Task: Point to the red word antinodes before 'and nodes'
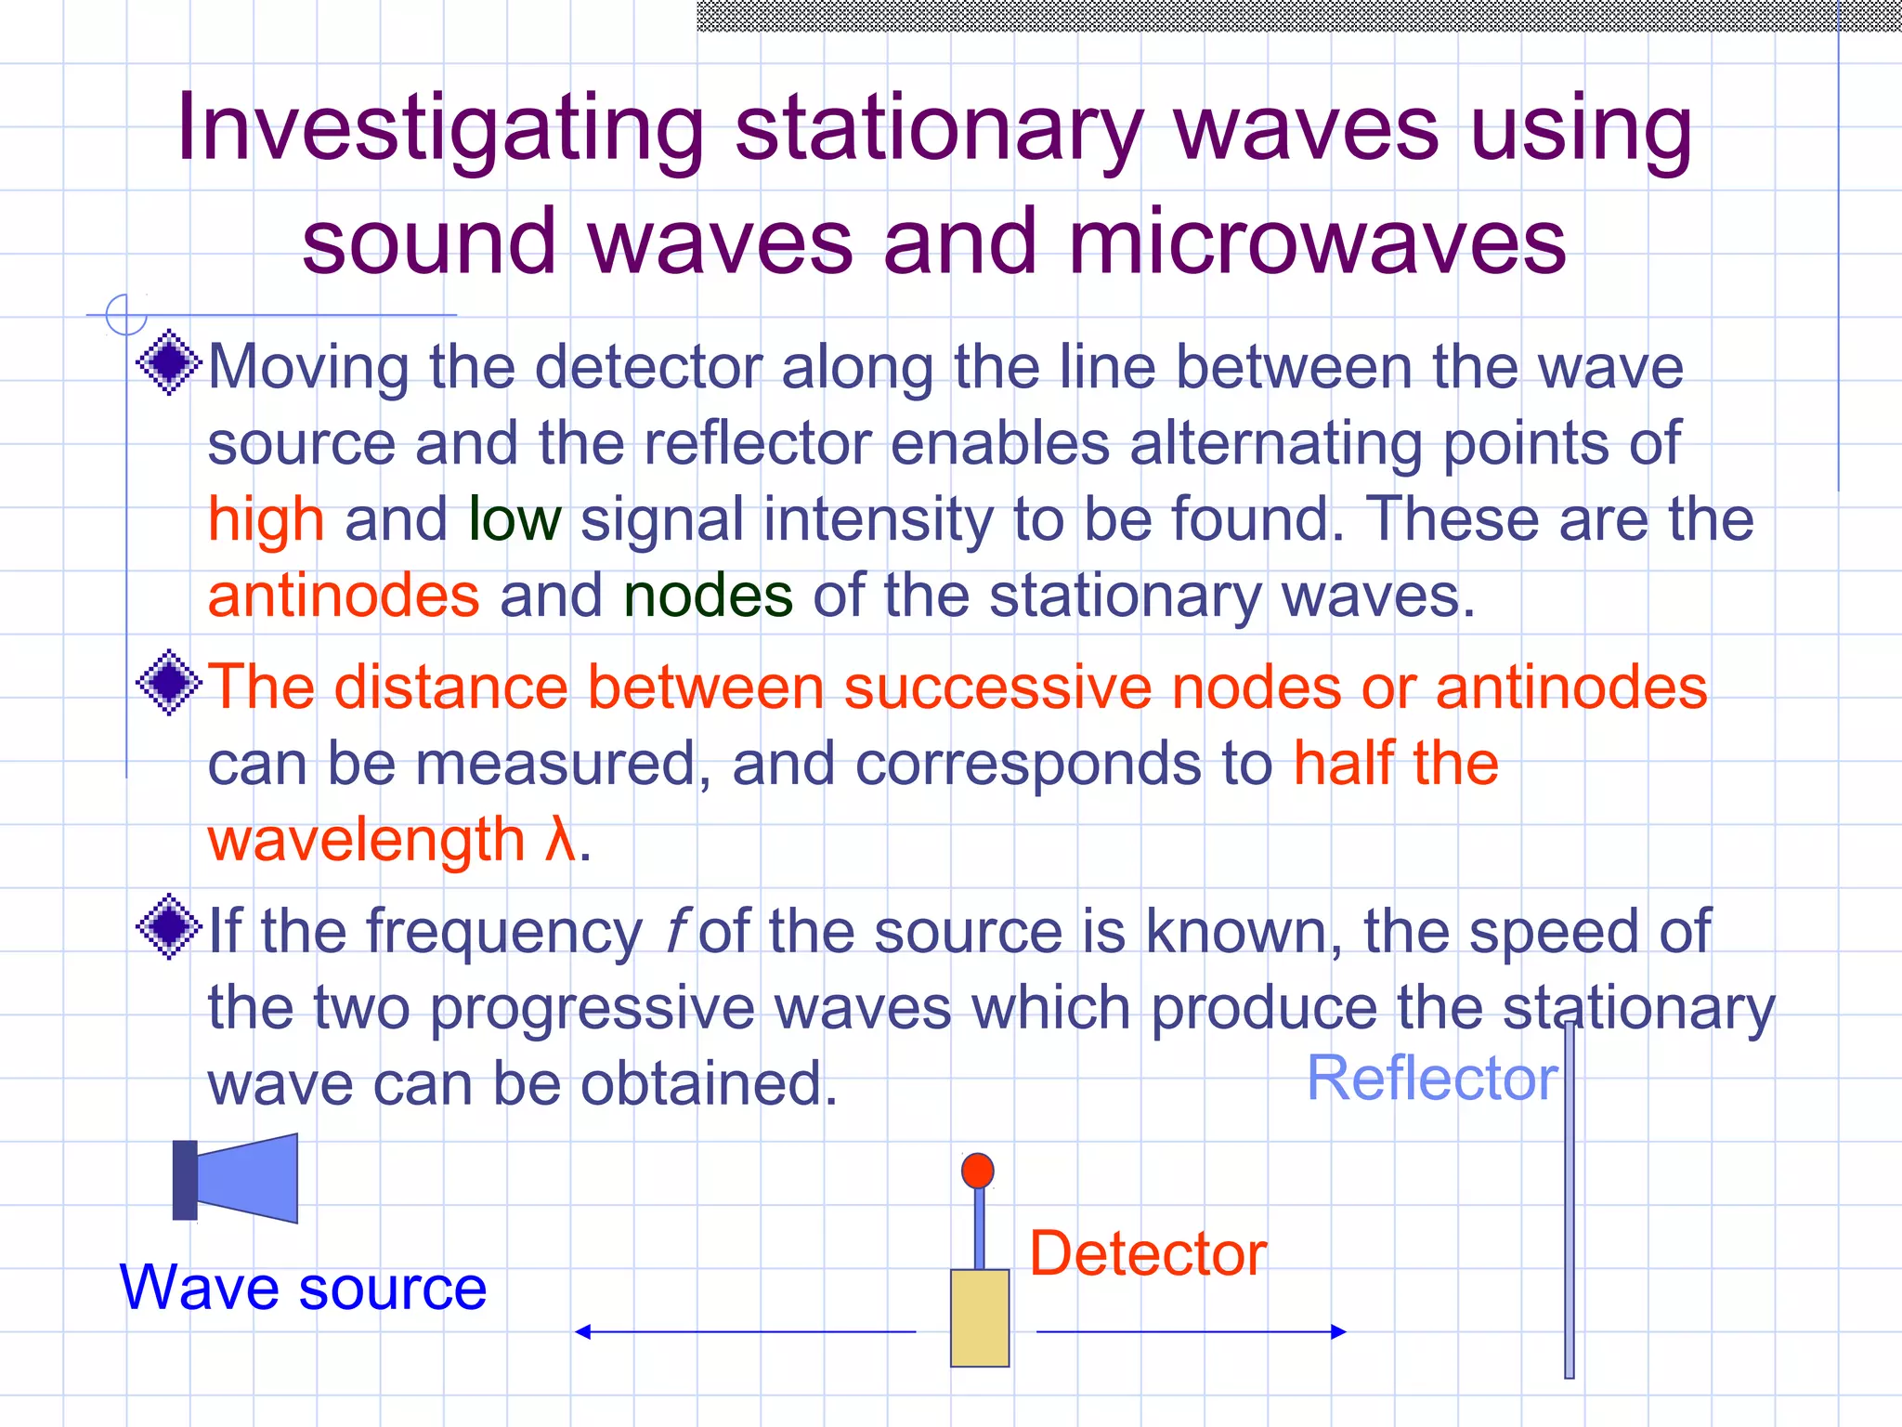tap(344, 596)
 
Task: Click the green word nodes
tap(708, 596)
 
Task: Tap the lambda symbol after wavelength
tap(560, 840)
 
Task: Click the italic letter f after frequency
tap(676, 932)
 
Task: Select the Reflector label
tap(1431, 1079)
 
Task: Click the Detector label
tap(1148, 1254)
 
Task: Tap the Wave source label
tap(303, 1289)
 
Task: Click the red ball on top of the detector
tap(978, 1171)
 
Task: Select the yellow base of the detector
tap(980, 1317)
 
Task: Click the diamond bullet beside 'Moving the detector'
tap(169, 362)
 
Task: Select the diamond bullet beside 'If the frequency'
tap(169, 926)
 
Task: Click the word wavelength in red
tap(367, 840)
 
